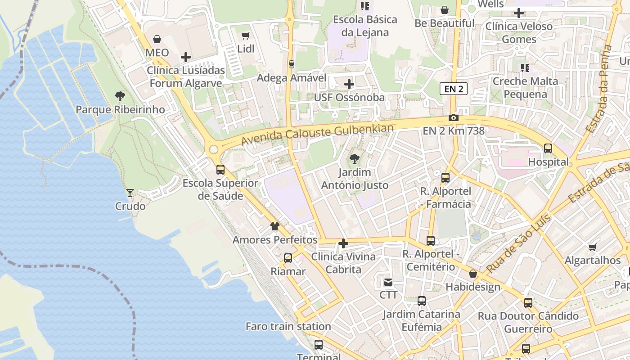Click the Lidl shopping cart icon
coord(245,36)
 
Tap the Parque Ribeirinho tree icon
coord(120,96)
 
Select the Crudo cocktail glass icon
coord(130,193)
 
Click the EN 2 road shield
coord(454,89)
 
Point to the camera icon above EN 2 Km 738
coord(454,118)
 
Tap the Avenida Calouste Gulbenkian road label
coord(317,135)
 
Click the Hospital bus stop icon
coord(548,148)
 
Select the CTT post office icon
coord(388,282)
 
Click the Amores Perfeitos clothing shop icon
coord(274,226)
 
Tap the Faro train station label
coord(288,326)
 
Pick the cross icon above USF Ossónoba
coord(349,84)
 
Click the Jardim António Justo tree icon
coord(355,158)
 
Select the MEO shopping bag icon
coord(157,39)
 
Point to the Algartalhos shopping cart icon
coord(593,247)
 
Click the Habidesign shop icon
coord(473,274)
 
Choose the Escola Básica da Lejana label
coord(365,26)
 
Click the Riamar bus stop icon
coord(288,258)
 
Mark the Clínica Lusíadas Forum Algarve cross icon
coord(186,57)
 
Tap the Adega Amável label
coord(291,78)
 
